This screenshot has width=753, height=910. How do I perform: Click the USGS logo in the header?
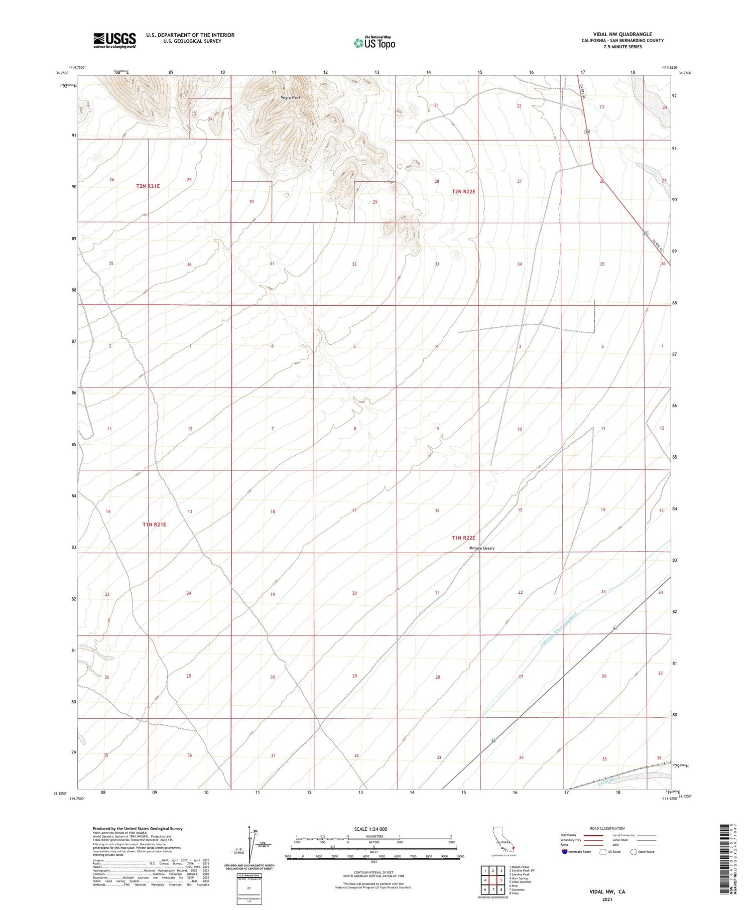pos(114,40)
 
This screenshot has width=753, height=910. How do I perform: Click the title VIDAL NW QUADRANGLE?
pos(622,34)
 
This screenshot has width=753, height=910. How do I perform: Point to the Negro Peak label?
pos(291,97)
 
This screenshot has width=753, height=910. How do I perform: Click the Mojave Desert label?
pos(481,548)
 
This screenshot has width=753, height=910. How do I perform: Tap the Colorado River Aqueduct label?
pos(559,630)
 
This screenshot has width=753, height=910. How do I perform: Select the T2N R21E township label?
pos(148,186)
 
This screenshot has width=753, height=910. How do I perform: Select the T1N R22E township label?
pos(463,538)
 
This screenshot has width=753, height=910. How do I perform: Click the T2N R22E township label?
pos(463,191)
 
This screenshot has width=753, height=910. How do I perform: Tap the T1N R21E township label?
pos(154,524)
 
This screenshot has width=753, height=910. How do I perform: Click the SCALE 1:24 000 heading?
pos(370,829)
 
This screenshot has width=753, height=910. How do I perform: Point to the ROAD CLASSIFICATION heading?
pos(607,828)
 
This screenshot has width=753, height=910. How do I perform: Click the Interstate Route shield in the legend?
pos(564,852)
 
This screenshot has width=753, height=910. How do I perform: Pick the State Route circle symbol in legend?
pos(634,852)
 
